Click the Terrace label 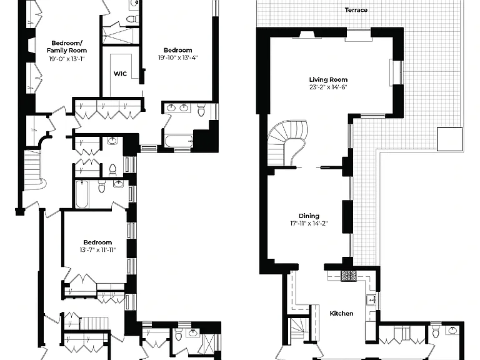click(x=356, y=10)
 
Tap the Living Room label click(x=328, y=79)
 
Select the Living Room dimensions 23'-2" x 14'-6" click(x=328, y=87)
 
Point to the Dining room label click(x=309, y=216)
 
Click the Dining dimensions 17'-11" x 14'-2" click(x=309, y=224)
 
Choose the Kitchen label click(x=341, y=314)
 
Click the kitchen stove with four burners click(x=349, y=276)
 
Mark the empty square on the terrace click(x=449, y=139)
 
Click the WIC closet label click(x=120, y=74)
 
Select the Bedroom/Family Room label click(x=67, y=47)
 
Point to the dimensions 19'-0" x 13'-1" click(x=66, y=59)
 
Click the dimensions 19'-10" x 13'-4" click(x=178, y=57)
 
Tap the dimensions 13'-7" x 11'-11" click(x=97, y=250)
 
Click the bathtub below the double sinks click(x=179, y=141)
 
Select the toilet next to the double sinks click(x=201, y=110)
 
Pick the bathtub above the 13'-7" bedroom click(x=82, y=194)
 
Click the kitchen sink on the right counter click(x=372, y=300)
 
